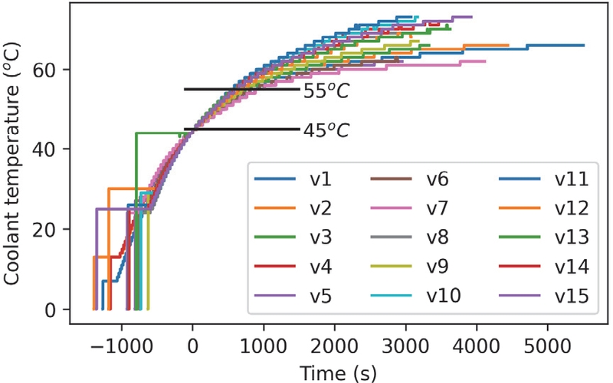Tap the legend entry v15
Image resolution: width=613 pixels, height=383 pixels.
(x=571, y=295)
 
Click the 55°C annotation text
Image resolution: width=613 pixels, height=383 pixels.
(x=326, y=91)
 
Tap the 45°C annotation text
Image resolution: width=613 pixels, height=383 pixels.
(x=326, y=131)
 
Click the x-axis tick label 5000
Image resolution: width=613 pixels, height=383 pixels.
(x=546, y=345)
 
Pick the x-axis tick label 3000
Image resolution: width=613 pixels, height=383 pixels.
(x=405, y=345)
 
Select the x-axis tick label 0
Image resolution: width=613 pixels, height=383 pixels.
(x=193, y=345)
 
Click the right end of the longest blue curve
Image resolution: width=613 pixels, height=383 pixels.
(x=584, y=45)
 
